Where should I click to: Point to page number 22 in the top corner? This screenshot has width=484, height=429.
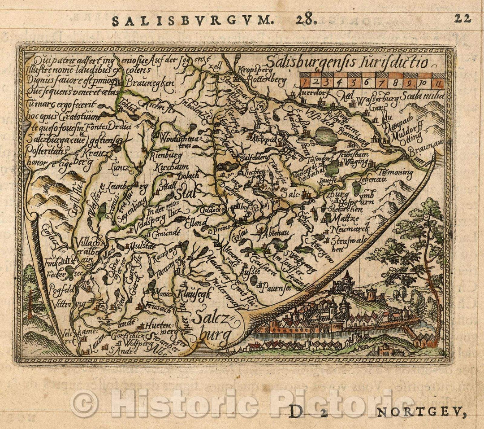pos(462,18)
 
